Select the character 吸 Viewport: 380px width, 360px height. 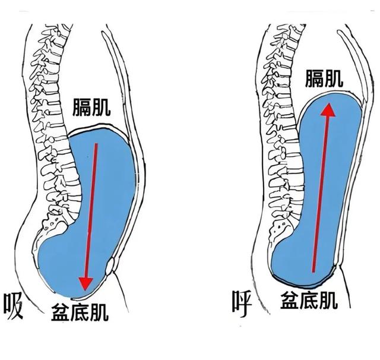click(14, 306)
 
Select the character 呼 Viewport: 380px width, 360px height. click(243, 302)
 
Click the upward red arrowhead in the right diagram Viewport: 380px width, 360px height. click(328, 109)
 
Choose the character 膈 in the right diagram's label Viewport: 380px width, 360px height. click(315, 77)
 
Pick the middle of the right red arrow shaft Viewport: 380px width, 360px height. click(321, 190)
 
